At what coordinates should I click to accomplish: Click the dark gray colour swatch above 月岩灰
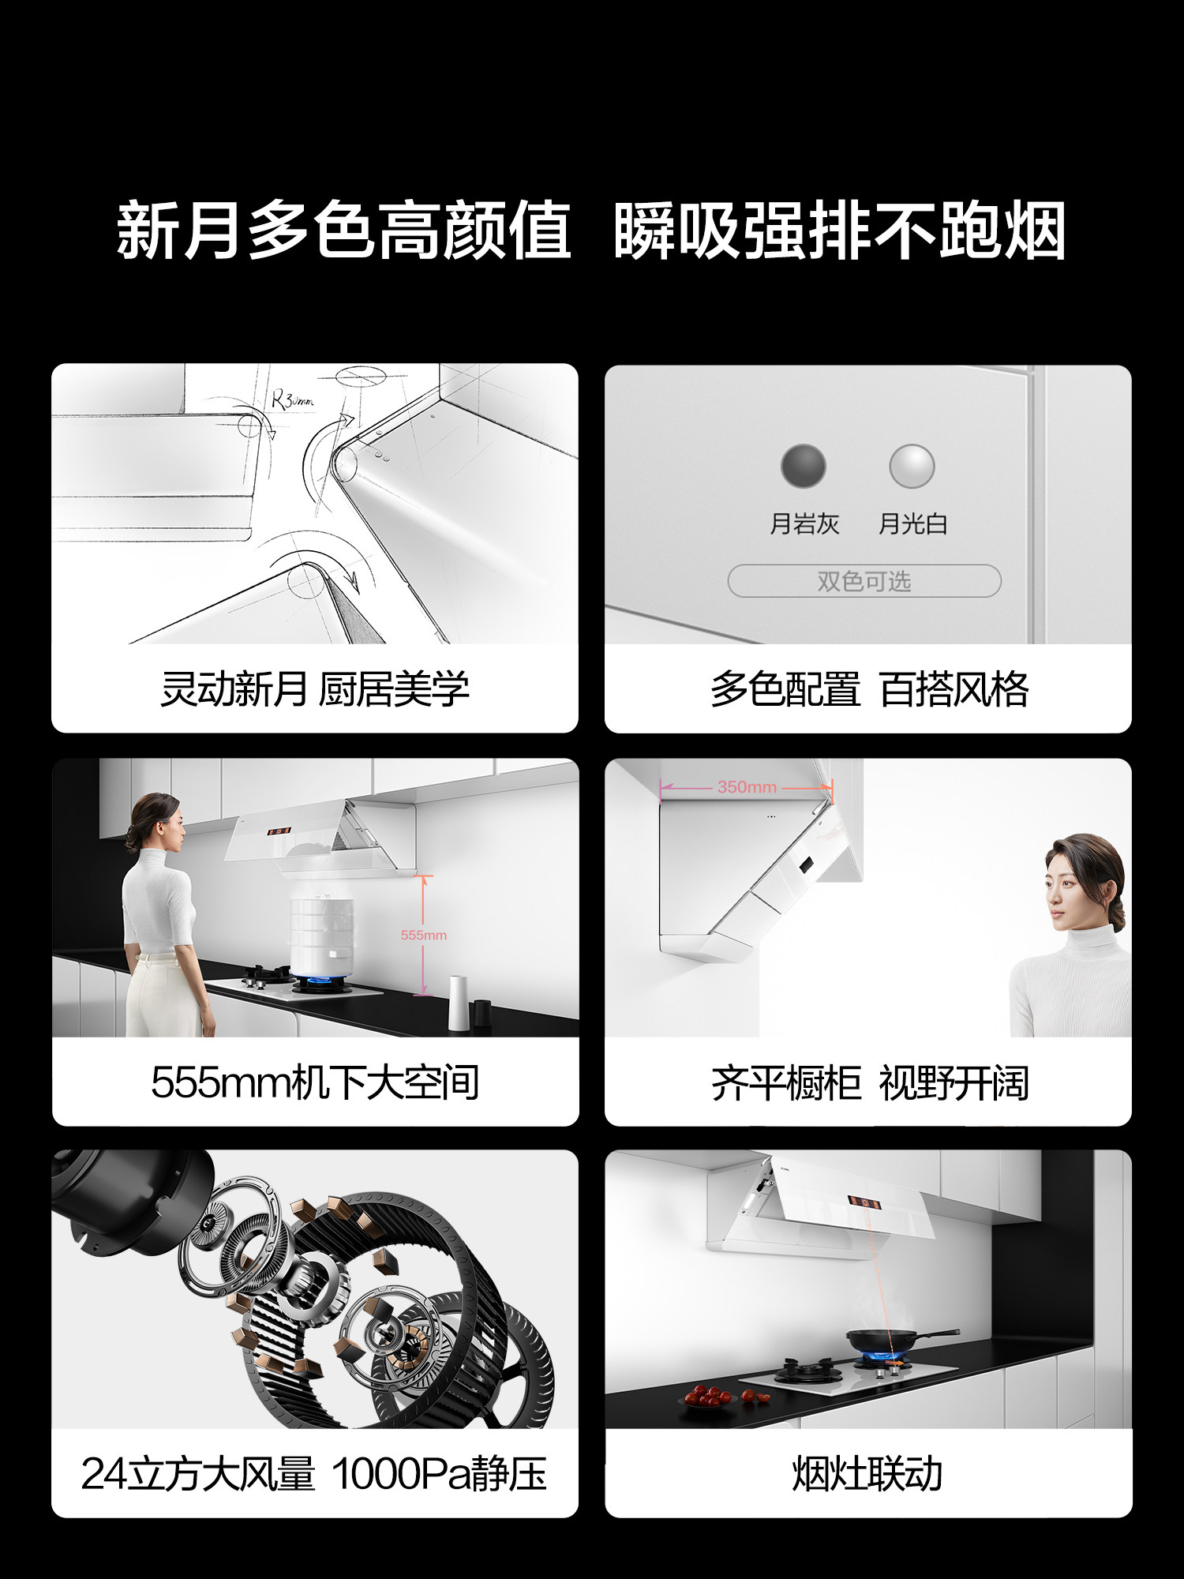click(x=803, y=466)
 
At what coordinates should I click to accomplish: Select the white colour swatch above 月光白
click(x=912, y=466)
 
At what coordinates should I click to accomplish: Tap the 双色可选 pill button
click(x=864, y=581)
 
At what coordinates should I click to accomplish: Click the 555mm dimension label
click(x=423, y=935)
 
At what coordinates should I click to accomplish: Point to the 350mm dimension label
click(x=747, y=787)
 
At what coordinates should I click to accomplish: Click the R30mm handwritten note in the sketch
click(x=292, y=399)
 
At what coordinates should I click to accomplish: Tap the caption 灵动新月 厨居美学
click(x=315, y=689)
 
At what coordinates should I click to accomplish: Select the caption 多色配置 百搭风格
click(x=869, y=689)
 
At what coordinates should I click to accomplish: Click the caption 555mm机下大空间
click(x=315, y=1082)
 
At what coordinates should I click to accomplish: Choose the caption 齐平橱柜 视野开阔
click(x=869, y=1082)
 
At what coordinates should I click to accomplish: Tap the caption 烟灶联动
click(x=867, y=1474)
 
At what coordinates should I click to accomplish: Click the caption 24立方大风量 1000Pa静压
click(x=313, y=1474)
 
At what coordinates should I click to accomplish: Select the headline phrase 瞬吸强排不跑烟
click(x=840, y=231)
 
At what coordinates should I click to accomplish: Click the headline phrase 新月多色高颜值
click(x=343, y=231)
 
